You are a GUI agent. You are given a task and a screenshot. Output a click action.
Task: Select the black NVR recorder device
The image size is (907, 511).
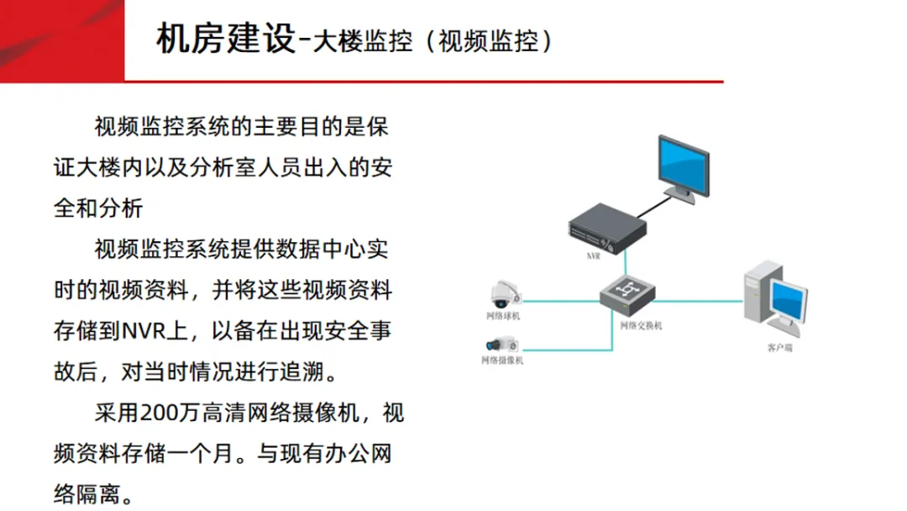click(607, 227)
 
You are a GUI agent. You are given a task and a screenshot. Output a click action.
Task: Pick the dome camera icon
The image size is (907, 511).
click(506, 294)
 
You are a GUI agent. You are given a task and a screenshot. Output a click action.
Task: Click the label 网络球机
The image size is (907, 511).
click(504, 316)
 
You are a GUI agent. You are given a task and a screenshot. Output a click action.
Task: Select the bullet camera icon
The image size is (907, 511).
click(502, 344)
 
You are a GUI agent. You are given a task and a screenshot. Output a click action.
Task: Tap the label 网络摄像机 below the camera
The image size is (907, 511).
click(501, 361)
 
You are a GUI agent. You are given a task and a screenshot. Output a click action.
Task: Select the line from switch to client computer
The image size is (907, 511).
click(697, 300)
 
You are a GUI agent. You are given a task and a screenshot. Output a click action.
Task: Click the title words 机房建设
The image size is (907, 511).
click(224, 40)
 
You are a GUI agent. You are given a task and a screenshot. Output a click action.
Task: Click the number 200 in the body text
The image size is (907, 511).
click(156, 414)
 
